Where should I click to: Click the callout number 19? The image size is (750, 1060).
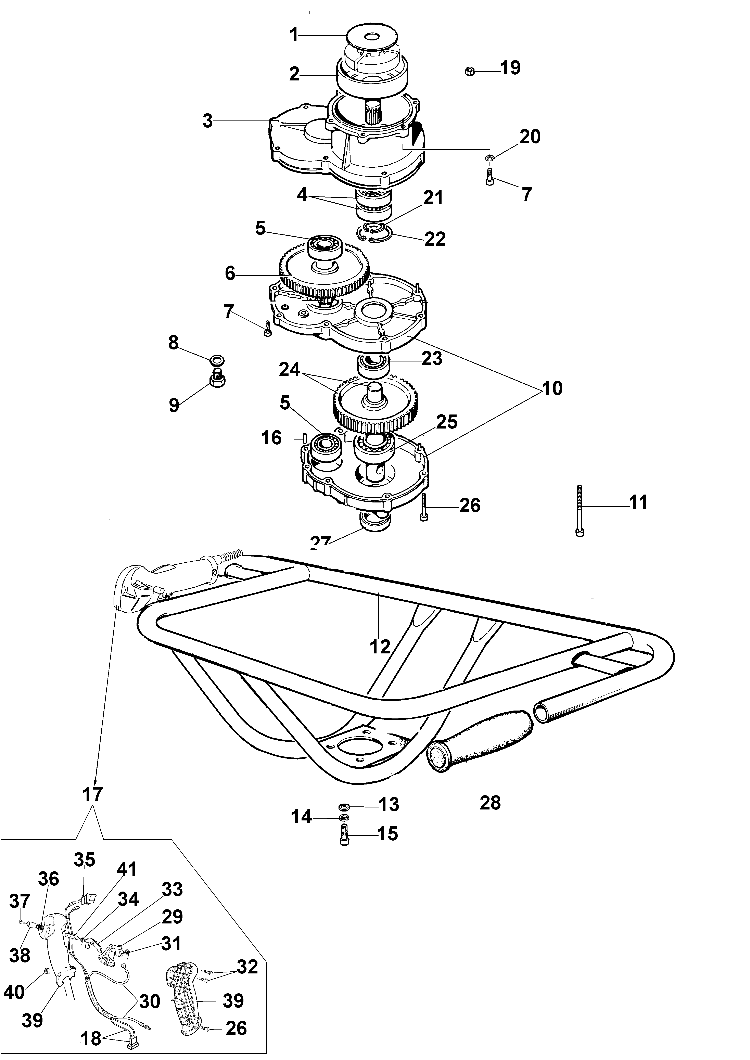tap(510, 68)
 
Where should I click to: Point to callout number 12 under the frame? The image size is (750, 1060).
tap(380, 646)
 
